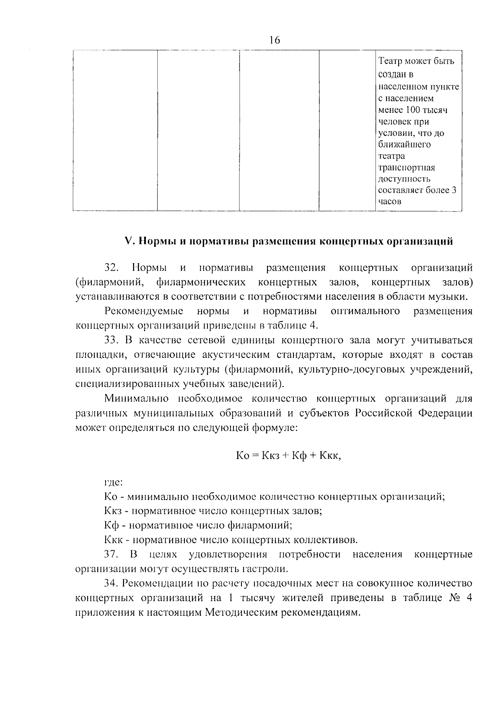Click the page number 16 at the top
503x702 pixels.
[275, 40]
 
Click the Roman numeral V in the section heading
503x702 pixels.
[129, 241]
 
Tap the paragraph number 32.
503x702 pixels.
[112, 267]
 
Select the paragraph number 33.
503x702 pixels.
[112, 340]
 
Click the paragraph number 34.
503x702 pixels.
[112, 583]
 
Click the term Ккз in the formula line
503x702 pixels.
[268, 456]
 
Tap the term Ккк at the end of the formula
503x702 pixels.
[330, 456]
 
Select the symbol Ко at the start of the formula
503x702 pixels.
[243, 456]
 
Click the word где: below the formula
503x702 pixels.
[113, 482]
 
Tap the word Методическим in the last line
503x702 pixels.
[241, 612]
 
